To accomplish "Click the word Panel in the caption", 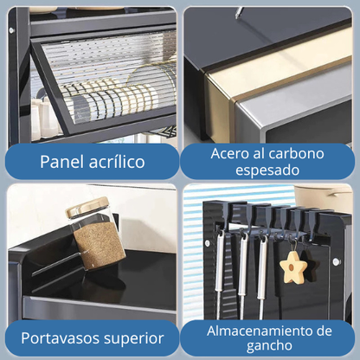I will tap(63, 161).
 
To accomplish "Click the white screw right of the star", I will tap(336, 261).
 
